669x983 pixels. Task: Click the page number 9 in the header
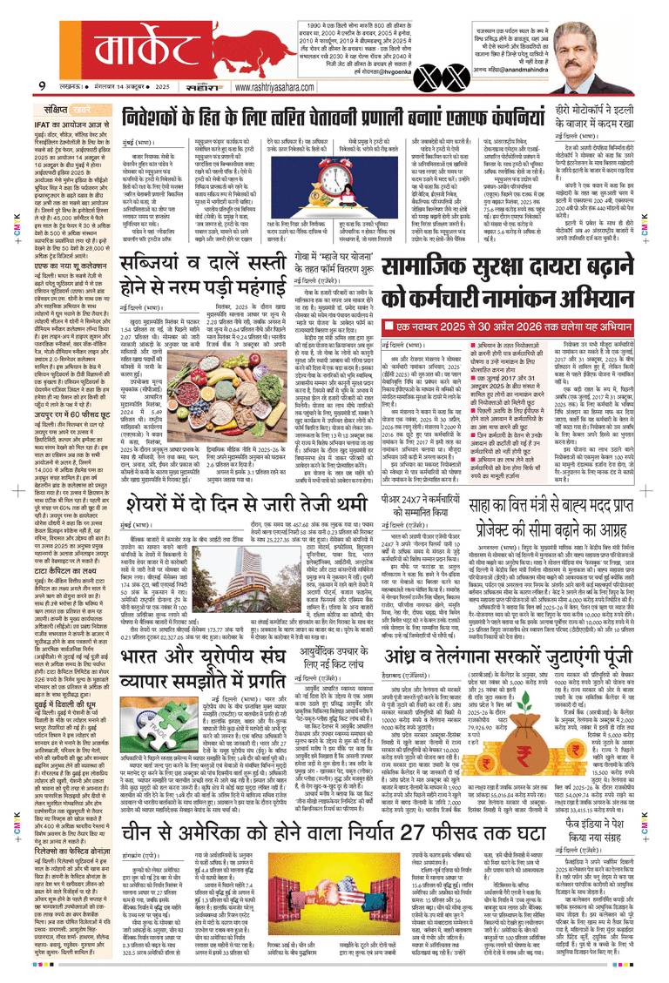[x=42, y=85]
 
